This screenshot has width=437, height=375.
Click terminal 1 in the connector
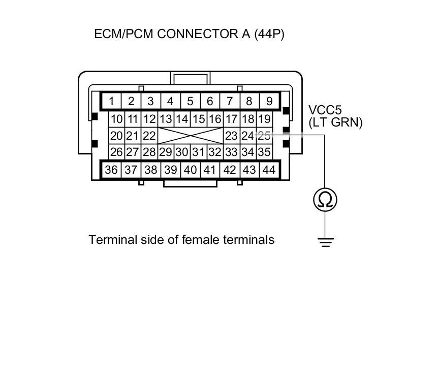click(x=111, y=101)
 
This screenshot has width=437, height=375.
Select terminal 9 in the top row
click(x=269, y=101)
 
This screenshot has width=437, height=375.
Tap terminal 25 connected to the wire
click(x=264, y=136)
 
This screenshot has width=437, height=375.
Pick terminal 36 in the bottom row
click(x=111, y=170)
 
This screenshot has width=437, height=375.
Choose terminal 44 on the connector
click(x=269, y=170)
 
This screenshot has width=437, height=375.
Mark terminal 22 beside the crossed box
click(x=149, y=136)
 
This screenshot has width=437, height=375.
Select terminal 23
click(x=231, y=136)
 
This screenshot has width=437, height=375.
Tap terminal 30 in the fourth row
click(x=182, y=152)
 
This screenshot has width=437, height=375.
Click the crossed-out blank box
click(x=191, y=136)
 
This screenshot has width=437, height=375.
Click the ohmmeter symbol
click(x=325, y=199)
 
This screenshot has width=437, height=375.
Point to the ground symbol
click(x=325, y=242)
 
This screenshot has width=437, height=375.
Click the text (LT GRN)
click(x=335, y=122)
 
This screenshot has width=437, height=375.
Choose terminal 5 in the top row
click(x=191, y=101)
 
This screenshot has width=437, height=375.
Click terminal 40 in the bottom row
click(x=190, y=170)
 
